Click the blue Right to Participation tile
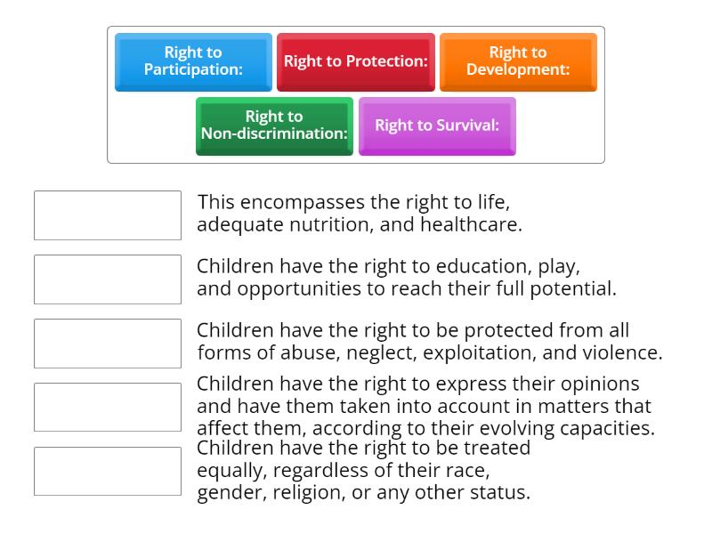pos(193,61)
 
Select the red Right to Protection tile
pos(356,61)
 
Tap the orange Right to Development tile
pos(518,61)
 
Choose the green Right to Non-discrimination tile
pos(274,125)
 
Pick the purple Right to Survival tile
pos(437,125)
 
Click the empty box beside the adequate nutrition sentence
pos(108,215)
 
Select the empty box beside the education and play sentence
pos(108,279)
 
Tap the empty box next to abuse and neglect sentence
pos(108,344)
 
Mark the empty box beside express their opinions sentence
pos(108,408)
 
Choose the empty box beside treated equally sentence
pos(108,472)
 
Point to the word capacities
pos(607,428)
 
